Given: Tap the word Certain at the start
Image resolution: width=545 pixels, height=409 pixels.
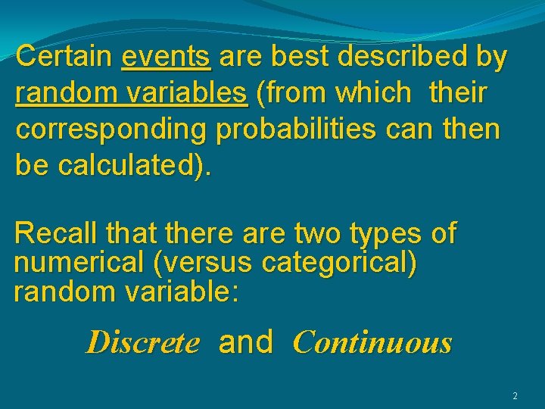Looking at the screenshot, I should (64, 57).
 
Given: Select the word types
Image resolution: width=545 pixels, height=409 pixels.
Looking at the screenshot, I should (387, 233).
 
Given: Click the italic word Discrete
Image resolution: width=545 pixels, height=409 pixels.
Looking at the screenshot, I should (143, 343).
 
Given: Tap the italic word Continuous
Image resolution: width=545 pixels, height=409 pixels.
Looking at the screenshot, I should (372, 343).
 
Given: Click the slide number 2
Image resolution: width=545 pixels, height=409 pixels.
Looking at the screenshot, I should (515, 396).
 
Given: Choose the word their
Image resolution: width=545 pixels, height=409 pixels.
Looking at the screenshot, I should (458, 93).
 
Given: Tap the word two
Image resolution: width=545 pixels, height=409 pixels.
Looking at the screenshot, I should (320, 233).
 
